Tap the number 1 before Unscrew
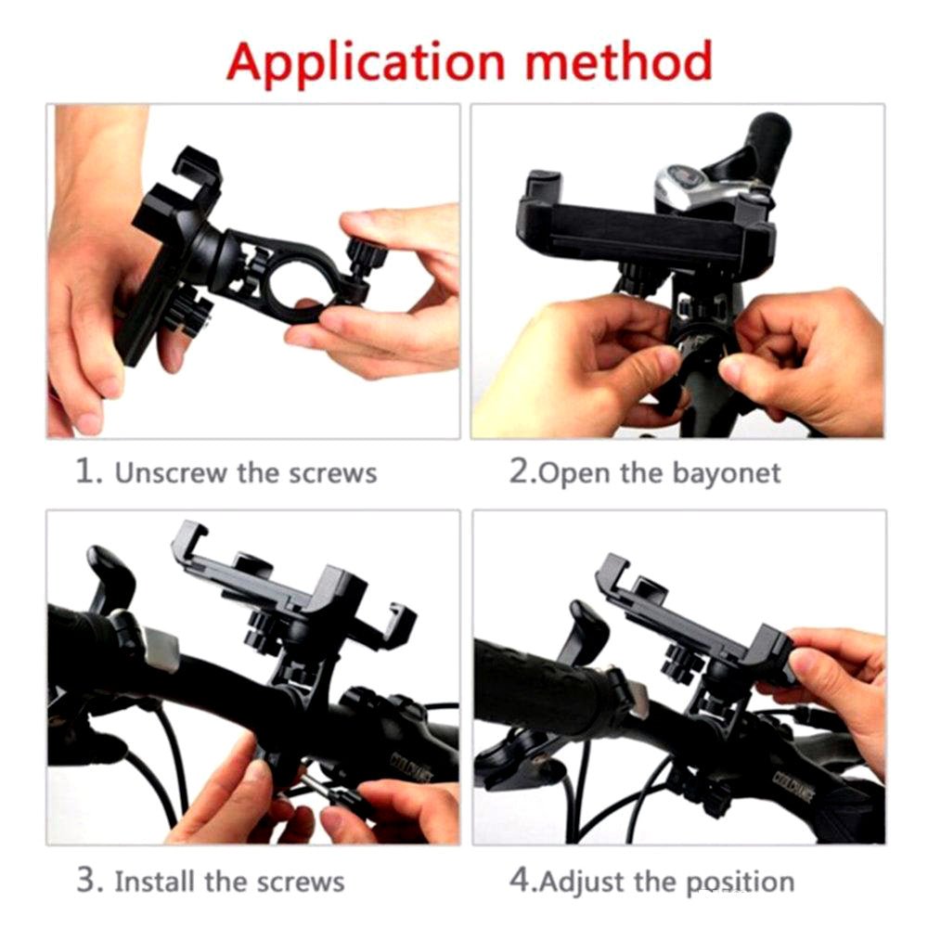86,471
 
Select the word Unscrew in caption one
170,472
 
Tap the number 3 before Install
86,880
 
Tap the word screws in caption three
303,881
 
